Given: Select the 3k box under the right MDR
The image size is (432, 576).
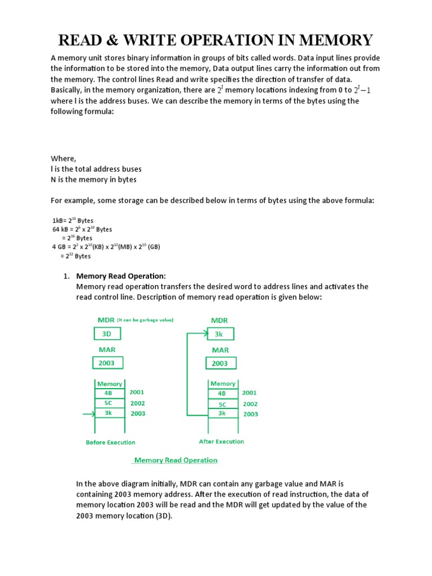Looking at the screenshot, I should (x=220, y=334).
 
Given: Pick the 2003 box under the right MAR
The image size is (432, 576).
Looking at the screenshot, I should (x=220, y=363).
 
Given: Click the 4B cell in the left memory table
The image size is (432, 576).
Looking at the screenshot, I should (x=109, y=393).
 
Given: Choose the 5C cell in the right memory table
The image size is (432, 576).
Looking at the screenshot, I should (x=222, y=404).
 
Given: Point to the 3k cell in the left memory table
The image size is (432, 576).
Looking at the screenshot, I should (x=109, y=413).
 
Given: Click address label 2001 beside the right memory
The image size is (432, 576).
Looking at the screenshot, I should (x=250, y=393).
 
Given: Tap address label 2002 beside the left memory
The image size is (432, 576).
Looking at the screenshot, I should (x=137, y=403).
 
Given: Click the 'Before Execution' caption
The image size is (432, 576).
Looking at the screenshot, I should (x=110, y=442).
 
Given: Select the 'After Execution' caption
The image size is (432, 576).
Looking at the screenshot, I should (x=222, y=442).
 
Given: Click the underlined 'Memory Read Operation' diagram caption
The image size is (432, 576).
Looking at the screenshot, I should (x=174, y=460).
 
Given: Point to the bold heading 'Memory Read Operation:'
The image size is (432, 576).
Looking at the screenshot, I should (x=121, y=276).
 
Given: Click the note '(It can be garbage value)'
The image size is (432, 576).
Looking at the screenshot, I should (x=146, y=320).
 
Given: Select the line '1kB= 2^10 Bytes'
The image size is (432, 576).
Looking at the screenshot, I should (x=73, y=220).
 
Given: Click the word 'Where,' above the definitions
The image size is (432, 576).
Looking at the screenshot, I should (x=63, y=159).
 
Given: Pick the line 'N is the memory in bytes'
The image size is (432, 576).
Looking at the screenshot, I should (x=93, y=179).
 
